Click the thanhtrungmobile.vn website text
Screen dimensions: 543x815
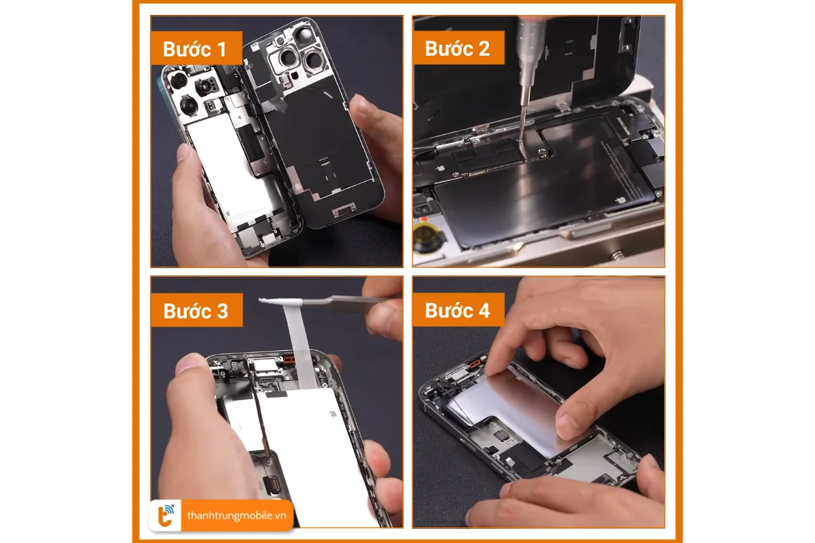point(236,515)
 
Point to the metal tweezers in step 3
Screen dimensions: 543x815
point(340,300)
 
